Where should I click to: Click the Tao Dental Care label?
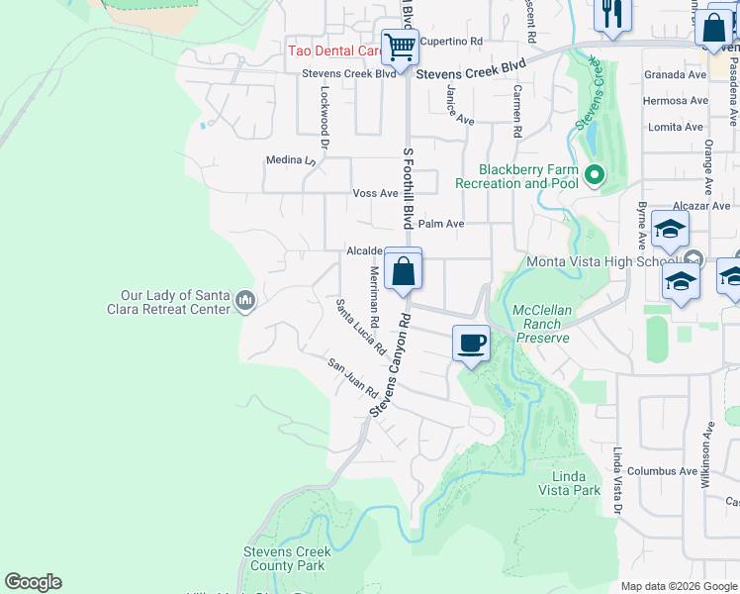(334, 50)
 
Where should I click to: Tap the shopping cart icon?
(400, 46)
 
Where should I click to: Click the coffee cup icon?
(471, 344)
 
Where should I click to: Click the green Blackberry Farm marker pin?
(595, 176)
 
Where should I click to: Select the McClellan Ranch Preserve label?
(541, 324)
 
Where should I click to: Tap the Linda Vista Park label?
(569, 483)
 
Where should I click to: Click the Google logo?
(33, 582)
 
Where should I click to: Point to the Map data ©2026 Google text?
(679, 586)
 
